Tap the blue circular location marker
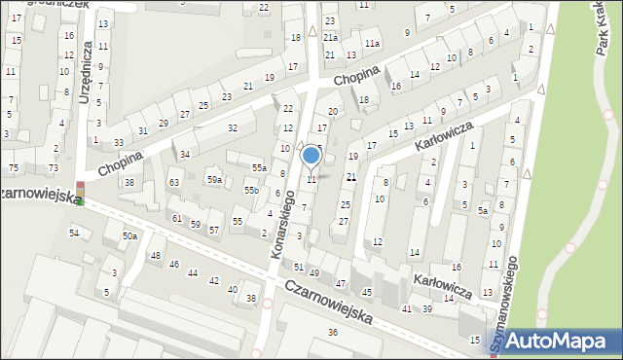pyautogui.click(x=311, y=155)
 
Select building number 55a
pyautogui.click(x=258, y=168)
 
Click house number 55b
pyautogui.click(x=251, y=191)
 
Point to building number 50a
pyautogui.click(x=129, y=236)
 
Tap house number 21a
pyautogui.click(x=331, y=37)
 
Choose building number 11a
pyautogui.click(x=372, y=44)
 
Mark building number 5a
pyautogui.click(x=482, y=210)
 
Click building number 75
pyautogui.click(x=14, y=168)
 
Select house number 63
pyautogui.click(x=174, y=182)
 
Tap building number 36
pyautogui.click(x=333, y=333)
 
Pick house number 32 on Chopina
pyautogui.click(x=233, y=127)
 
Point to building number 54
pyautogui.click(x=74, y=233)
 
